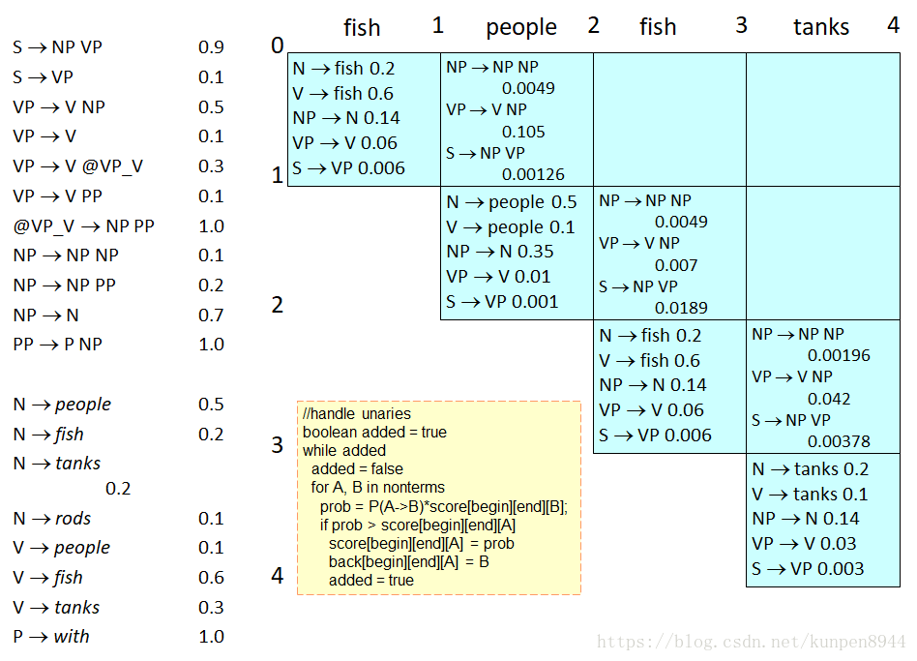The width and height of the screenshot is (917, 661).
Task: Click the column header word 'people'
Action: (521, 28)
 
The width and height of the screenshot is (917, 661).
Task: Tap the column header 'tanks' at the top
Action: (821, 28)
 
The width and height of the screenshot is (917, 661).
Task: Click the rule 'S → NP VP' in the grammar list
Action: (57, 47)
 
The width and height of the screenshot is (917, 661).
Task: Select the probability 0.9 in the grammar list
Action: (211, 47)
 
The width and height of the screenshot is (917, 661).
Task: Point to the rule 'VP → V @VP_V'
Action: (78, 166)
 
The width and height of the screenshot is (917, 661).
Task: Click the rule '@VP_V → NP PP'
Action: (83, 226)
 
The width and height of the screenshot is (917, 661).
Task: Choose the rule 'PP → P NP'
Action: (58, 345)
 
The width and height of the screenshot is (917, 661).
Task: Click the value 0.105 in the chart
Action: (523, 132)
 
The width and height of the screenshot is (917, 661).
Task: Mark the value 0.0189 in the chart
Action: (681, 308)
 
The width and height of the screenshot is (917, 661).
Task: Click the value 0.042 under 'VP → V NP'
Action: (829, 399)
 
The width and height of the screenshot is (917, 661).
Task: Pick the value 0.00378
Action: (839, 441)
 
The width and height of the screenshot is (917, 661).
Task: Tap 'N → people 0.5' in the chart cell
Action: (512, 202)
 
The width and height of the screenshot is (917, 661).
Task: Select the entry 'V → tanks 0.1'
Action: (810, 495)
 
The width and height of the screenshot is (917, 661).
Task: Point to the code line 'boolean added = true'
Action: (374, 433)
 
